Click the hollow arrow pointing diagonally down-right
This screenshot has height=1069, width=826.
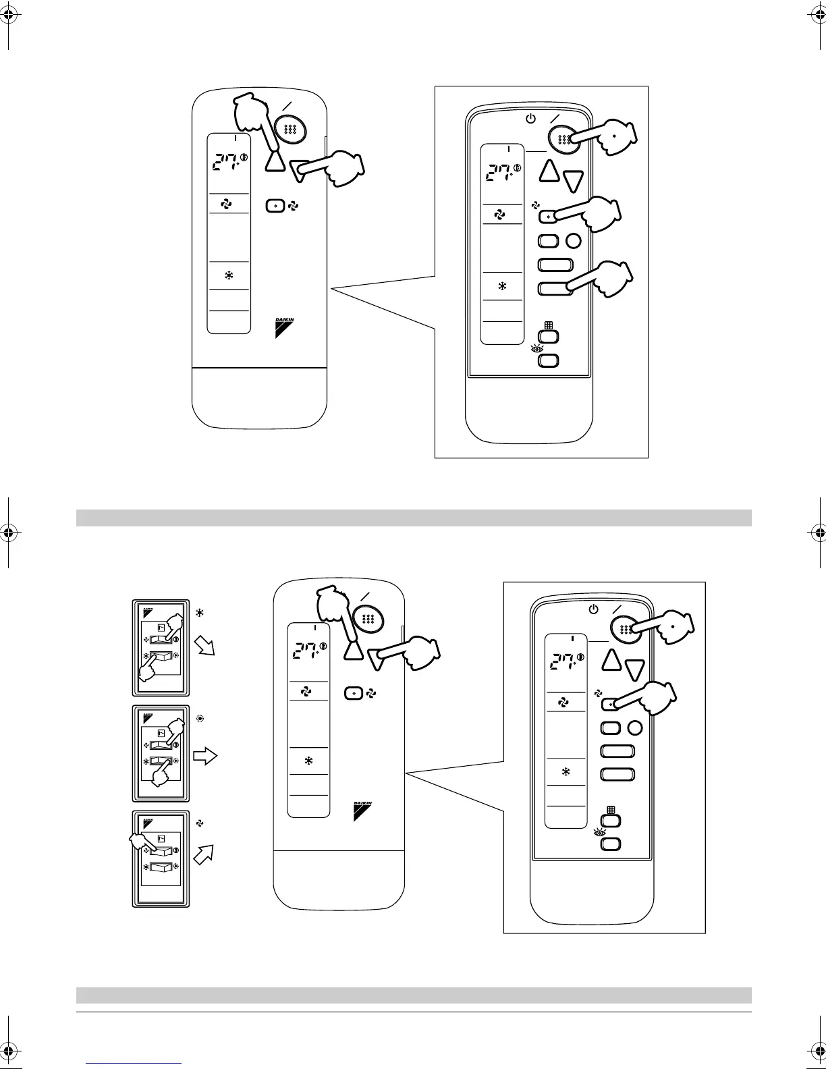(204, 648)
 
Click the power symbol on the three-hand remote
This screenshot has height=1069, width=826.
(530, 119)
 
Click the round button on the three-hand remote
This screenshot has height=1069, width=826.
(573, 241)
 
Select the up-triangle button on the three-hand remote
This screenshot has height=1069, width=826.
(551, 172)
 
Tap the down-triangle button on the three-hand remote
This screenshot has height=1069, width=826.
(573, 180)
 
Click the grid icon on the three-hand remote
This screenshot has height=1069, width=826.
(549, 325)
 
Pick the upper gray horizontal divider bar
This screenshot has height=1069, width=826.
(413, 518)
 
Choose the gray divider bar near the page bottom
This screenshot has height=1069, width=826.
(413, 995)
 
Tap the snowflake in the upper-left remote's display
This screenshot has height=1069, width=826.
(229, 275)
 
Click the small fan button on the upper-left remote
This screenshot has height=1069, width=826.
(274, 206)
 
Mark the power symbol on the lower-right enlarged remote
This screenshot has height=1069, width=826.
(593, 609)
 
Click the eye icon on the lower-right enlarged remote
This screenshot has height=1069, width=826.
(599, 833)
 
